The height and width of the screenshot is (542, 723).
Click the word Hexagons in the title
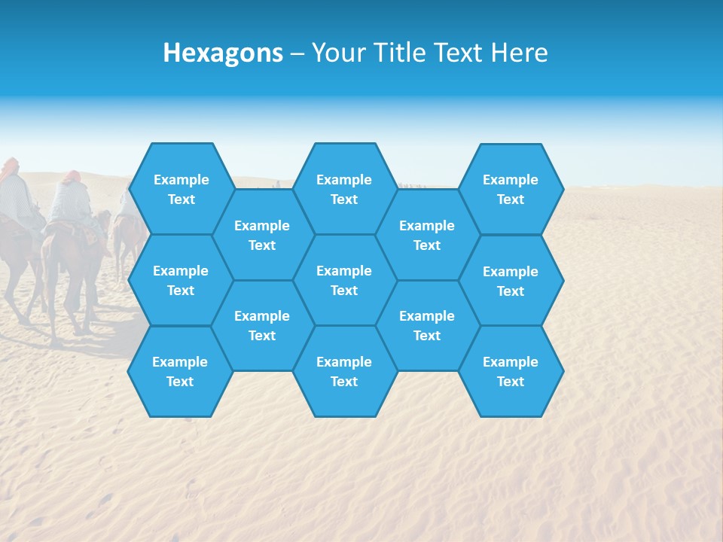(223, 53)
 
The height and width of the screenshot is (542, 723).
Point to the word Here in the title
(519, 53)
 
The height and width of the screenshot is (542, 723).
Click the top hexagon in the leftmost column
(181, 189)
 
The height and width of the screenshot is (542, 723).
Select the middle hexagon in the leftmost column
(181, 280)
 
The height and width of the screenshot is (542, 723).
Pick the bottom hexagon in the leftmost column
(180, 371)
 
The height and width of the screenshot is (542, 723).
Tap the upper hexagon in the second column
(262, 235)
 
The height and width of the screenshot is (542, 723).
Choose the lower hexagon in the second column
(262, 325)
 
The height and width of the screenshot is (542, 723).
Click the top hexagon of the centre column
(344, 189)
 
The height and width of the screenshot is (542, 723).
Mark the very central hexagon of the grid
(344, 280)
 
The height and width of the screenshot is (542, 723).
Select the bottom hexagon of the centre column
(344, 371)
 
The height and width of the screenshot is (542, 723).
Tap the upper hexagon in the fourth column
(427, 235)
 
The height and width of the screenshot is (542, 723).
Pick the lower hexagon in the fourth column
(427, 325)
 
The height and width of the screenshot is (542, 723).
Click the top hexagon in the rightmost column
(511, 189)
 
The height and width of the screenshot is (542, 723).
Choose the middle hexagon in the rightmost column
(511, 281)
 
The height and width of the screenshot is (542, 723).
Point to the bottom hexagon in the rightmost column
(511, 371)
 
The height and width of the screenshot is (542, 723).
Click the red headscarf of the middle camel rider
(71, 177)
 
